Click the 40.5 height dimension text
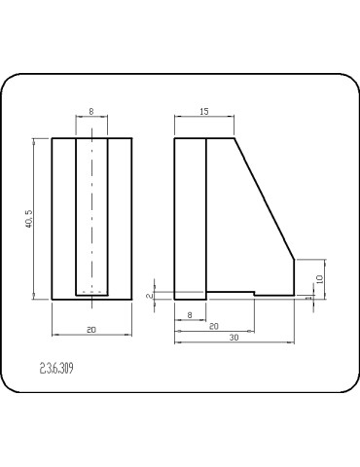tap(29, 219)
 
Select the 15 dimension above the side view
tap(204, 112)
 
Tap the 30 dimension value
tap(234, 338)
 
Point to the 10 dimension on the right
tap(319, 279)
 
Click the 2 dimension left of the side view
tap(149, 296)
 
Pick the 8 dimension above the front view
tap(91, 112)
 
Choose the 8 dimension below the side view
tap(190, 315)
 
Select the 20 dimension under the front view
tap(91, 330)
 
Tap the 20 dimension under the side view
tap(214, 326)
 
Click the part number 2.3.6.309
tap(56, 369)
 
